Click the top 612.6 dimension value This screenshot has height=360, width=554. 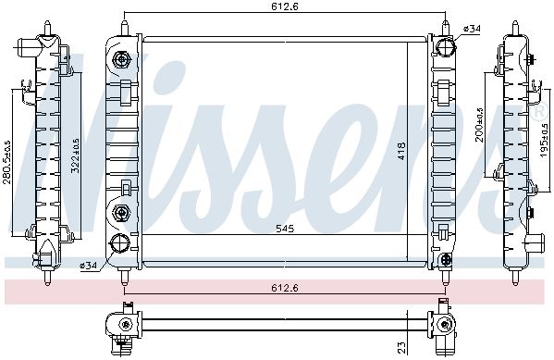click(x=285, y=6)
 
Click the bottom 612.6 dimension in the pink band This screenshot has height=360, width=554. click(x=285, y=288)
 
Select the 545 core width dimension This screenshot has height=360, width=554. click(x=285, y=229)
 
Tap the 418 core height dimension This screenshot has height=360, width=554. click(x=401, y=151)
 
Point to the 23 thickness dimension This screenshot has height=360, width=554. click(x=402, y=347)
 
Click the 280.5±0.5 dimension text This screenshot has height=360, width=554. click(x=7, y=162)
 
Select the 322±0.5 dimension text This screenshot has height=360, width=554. click(x=75, y=155)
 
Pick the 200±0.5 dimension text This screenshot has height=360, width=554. click(x=479, y=125)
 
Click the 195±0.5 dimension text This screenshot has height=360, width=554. click(x=544, y=141)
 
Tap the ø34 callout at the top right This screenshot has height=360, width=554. click(x=472, y=29)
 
